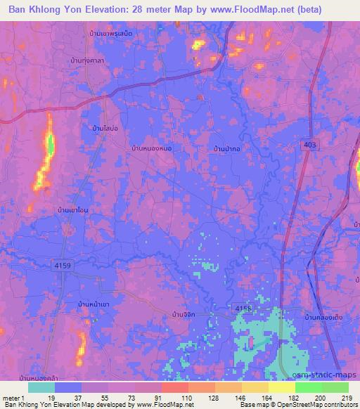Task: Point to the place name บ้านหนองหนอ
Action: pos(151,149)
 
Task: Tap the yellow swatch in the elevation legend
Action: pos(281,387)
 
